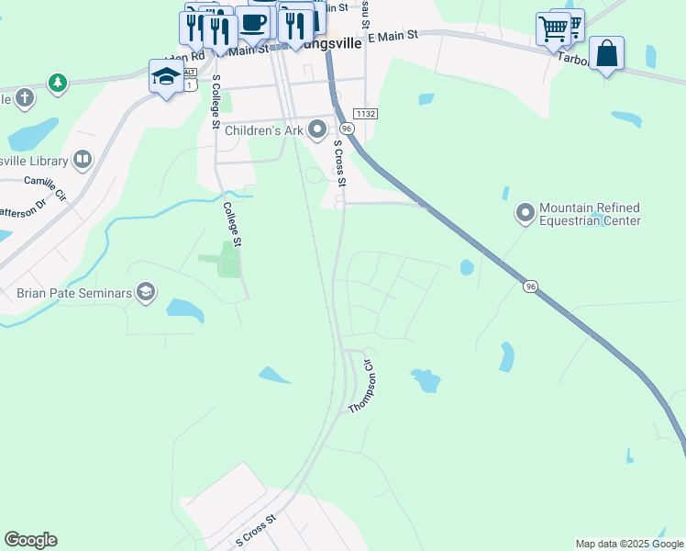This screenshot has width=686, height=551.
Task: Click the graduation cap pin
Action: tap(166, 76)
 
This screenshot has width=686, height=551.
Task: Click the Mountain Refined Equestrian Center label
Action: tap(589, 214)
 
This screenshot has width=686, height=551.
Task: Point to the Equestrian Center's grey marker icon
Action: tap(526, 214)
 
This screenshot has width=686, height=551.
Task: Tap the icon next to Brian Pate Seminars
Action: tap(144, 293)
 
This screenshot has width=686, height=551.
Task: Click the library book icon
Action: tap(83, 161)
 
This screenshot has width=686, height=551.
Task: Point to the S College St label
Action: tap(216, 104)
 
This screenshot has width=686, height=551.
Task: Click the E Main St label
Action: tap(392, 35)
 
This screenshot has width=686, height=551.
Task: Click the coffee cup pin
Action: tap(253, 23)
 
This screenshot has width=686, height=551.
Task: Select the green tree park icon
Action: tap(58, 84)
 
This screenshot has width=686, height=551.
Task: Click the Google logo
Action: tap(30, 540)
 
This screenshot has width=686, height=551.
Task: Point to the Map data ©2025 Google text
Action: tap(628, 544)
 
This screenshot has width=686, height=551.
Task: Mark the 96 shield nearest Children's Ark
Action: tap(346, 129)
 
